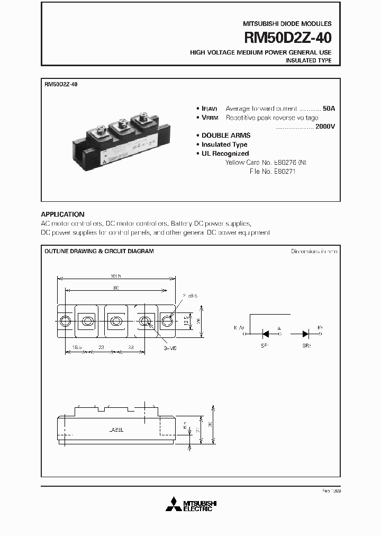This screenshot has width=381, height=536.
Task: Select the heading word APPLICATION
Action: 62,215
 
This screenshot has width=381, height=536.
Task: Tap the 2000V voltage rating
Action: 324,127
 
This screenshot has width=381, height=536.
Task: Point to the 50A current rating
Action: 329,108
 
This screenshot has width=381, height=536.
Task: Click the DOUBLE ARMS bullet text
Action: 226,136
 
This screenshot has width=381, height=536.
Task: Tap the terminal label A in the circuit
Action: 279,328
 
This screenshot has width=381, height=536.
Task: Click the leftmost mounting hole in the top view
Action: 65,321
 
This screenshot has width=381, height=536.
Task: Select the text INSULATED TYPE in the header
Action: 309,61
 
